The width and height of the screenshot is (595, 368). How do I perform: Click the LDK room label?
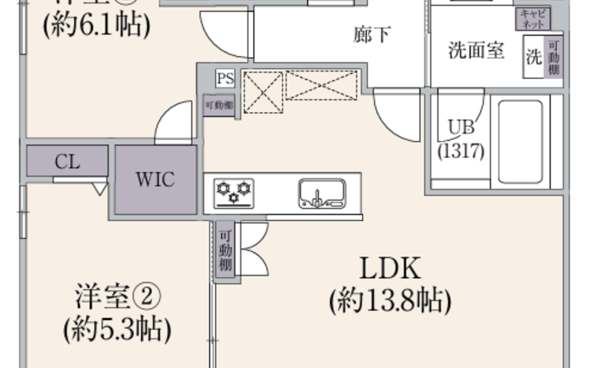pos(390,269)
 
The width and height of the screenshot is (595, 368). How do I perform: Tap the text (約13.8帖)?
pos(390,301)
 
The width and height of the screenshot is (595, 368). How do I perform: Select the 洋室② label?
pos(117,297)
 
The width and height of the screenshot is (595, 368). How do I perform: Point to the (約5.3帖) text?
pos(117,328)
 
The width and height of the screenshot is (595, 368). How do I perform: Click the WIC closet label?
pos(156,180)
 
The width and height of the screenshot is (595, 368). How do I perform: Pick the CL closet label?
pos(67,162)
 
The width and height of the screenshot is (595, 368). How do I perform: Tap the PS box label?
pos(224,79)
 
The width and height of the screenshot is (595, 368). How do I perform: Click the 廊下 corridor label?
pos(372,35)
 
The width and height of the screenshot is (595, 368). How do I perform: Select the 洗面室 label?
pos(476,51)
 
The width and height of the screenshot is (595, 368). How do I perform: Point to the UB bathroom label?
pos(461,127)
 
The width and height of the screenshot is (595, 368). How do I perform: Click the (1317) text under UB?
pos(461,151)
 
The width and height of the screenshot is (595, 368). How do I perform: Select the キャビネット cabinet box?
pos(534,19)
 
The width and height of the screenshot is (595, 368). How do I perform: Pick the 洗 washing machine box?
pos(534,58)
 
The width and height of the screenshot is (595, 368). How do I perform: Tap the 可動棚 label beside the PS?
pos(218,105)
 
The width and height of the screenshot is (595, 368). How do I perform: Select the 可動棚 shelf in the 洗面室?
pos(554,58)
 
